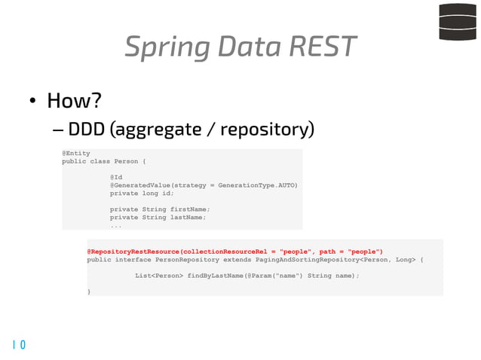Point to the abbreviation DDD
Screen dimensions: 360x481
click(x=86, y=130)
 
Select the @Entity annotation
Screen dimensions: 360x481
click(x=75, y=153)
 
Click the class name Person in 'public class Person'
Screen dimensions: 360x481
click(x=127, y=161)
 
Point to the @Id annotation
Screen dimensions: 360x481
click(x=116, y=177)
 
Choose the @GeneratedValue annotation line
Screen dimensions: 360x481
click(x=204, y=185)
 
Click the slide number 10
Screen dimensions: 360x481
click(x=19, y=345)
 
